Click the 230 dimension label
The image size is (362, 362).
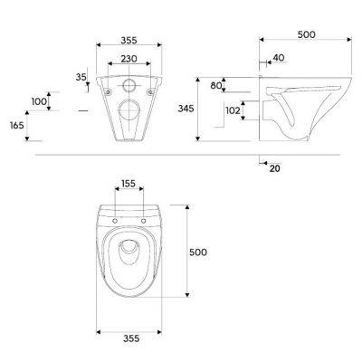[x=129, y=59]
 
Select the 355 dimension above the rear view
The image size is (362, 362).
[x=129, y=40]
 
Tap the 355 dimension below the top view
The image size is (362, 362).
[x=131, y=338]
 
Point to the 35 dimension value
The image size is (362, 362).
[x=81, y=77]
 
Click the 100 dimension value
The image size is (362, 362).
[x=39, y=101]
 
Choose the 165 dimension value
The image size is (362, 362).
[x=17, y=125]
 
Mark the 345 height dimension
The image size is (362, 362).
[x=186, y=109]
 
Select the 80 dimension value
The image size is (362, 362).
[x=216, y=86]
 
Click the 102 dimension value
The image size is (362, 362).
[x=233, y=110]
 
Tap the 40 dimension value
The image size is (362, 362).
[x=279, y=58]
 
